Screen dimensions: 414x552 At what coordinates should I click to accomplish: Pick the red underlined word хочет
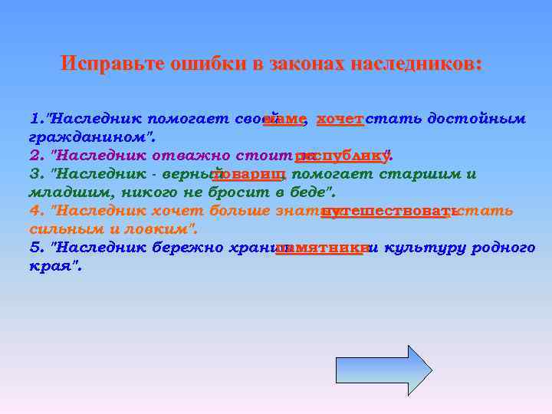[x=340, y=120]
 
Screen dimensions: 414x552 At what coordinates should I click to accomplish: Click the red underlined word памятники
[x=321, y=248]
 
